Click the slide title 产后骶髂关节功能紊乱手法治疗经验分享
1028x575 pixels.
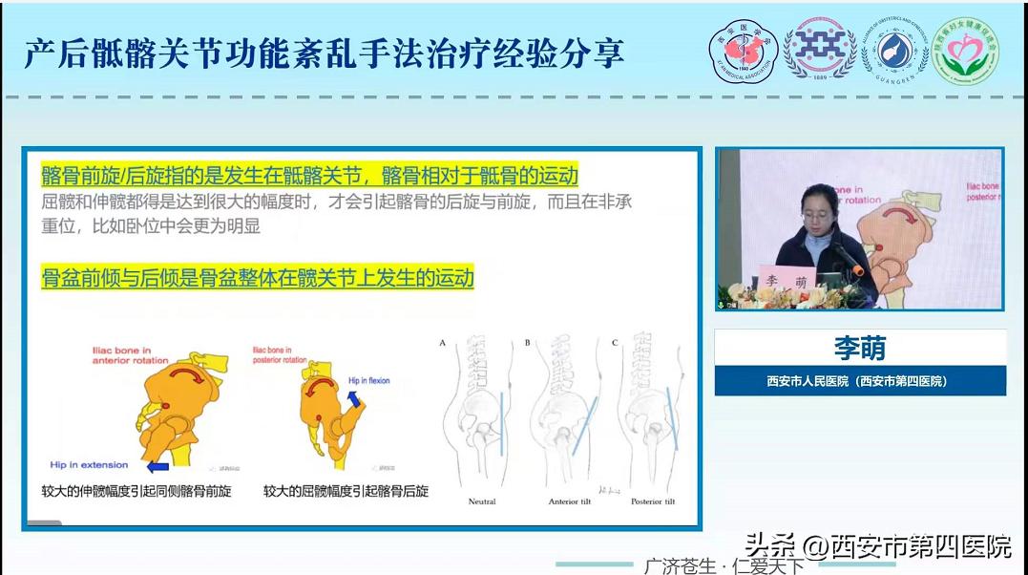(x=325, y=53)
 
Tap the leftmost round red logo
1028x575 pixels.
(x=743, y=51)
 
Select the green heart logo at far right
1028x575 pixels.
(x=965, y=50)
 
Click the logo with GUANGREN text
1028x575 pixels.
(x=894, y=51)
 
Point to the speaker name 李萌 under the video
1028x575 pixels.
(x=860, y=347)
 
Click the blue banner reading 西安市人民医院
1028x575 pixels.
(x=860, y=380)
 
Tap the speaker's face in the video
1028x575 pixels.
(x=818, y=203)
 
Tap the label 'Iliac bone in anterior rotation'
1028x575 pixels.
(x=130, y=355)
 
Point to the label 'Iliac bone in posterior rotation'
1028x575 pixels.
(x=280, y=355)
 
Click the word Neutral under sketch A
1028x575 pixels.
(x=481, y=501)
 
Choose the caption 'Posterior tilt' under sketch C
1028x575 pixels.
(x=652, y=501)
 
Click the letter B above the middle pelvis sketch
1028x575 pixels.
(x=527, y=341)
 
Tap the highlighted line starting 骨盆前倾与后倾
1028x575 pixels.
(x=258, y=279)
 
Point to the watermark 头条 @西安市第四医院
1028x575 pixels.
(x=877, y=547)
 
